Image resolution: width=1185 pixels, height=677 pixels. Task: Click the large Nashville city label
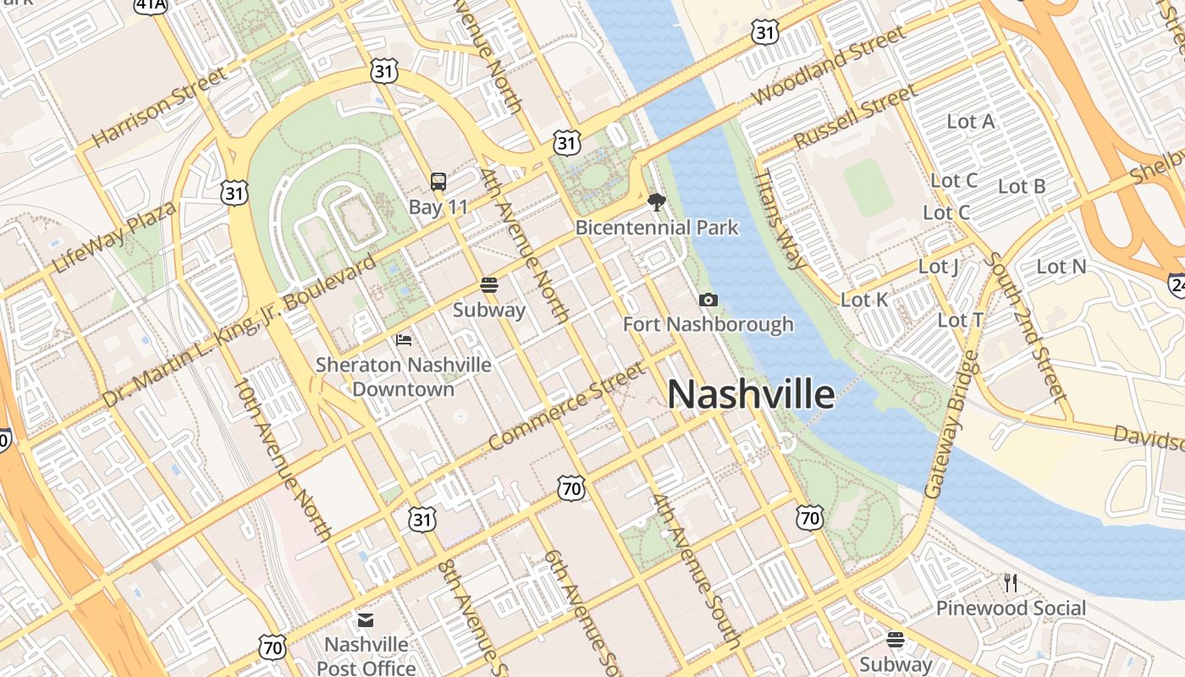coord(751,395)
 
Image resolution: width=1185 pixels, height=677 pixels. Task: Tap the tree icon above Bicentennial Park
coord(656,202)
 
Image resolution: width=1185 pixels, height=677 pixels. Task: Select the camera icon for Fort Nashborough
coord(708,300)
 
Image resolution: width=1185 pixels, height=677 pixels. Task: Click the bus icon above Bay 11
coord(438,181)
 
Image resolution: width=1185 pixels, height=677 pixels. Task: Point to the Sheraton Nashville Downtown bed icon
coord(404,340)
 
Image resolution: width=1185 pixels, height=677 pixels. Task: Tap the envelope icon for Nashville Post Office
coord(366,620)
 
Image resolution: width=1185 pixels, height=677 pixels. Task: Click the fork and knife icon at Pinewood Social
coord(1010,582)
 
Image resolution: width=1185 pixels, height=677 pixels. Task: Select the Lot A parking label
coord(970,122)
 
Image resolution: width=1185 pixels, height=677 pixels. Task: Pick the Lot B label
coord(1022,186)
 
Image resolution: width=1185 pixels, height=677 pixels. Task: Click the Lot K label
coord(864,300)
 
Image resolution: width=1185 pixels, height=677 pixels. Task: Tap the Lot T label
coord(961,320)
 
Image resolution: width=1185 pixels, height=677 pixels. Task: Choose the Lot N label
coord(1061,267)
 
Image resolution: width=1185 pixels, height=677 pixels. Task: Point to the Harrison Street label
coord(159,107)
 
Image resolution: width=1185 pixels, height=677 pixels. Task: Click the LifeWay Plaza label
coord(114,238)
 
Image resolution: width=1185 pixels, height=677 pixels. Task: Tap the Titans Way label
coord(780,219)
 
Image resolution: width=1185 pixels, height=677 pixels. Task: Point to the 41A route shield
coord(151,5)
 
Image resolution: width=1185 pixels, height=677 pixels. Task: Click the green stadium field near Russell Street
coord(868,188)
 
